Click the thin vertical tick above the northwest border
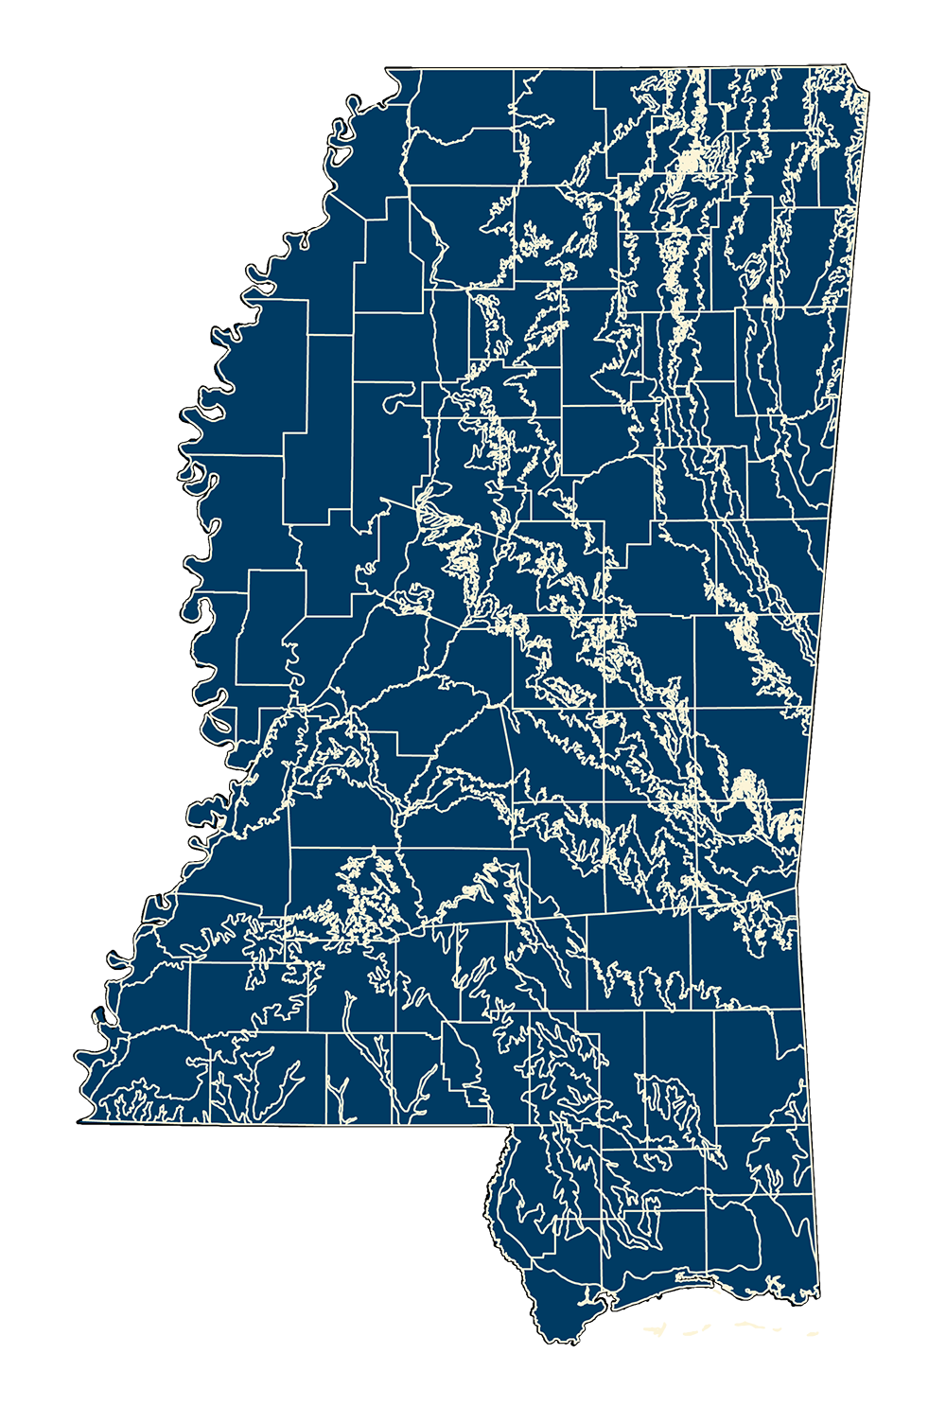(x=376, y=96)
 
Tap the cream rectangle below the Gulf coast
(x=747, y=1330)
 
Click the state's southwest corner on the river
(x=85, y=1119)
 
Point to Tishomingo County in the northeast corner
(x=842, y=142)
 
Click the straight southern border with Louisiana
(x=284, y=1123)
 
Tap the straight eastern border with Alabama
(x=832, y=473)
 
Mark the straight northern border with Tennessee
(x=615, y=68)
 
